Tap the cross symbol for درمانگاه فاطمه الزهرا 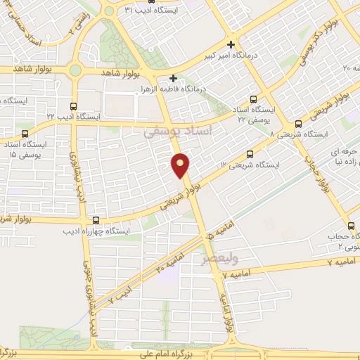click(173, 78)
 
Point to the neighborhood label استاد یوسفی click(172, 131)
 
